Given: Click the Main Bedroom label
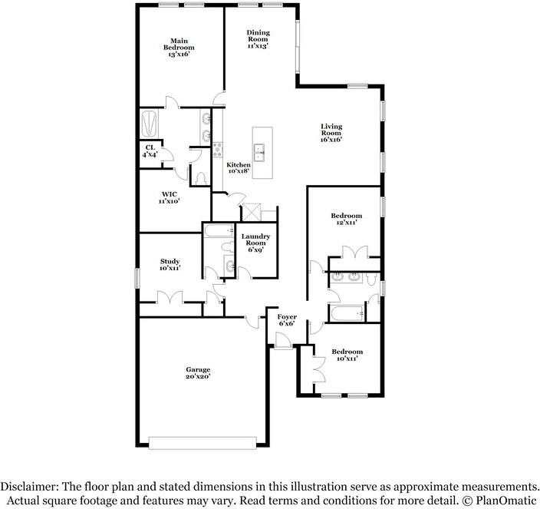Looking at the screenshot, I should pyautogui.click(x=179, y=48).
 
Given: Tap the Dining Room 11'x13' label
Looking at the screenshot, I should pyautogui.click(x=258, y=39).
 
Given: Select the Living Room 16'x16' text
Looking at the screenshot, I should pyautogui.click(x=331, y=133).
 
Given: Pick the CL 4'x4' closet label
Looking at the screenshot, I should pyautogui.click(x=150, y=151).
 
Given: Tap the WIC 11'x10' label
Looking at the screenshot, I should pyautogui.click(x=170, y=197).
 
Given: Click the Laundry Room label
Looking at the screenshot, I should pyautogui.click(x=255, y=243).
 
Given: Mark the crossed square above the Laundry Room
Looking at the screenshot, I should pyautogui.click(x=252, y=212).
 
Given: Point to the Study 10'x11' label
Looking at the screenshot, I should pyautogui.click(x=170, y=265).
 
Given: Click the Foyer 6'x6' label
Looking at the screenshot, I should pyautogui.click(x=286, y=319).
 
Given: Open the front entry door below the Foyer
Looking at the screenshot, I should pyautogui.click(x=282, y=342).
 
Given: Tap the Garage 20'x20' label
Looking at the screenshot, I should pyautogui.click(x=197, y=372).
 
